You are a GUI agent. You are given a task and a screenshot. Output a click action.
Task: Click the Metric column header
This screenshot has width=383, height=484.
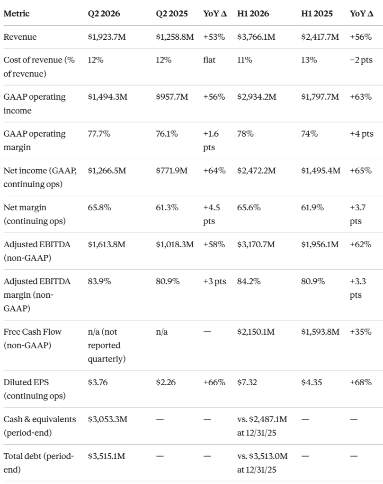click(x=17, y=14)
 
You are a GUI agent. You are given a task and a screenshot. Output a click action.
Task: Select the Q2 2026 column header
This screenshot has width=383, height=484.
click(x=104, y=14)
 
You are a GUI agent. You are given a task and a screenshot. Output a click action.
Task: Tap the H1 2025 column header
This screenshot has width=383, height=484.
click(x=317, y=14)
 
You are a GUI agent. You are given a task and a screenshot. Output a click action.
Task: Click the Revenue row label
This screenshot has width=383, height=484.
click(x=20, y=37)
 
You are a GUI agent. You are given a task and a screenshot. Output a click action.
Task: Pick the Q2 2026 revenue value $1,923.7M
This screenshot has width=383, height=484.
click(x=107, y=37)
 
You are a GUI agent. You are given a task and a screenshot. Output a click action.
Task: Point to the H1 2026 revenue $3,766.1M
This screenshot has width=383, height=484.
click(x=256, y=37)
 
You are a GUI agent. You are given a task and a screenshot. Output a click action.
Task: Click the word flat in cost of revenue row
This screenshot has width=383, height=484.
click(x=209, y=60)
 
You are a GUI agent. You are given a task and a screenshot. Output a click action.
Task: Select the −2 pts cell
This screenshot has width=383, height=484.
click(x=361, y=60)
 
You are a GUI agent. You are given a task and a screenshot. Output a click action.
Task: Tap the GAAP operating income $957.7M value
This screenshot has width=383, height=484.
click(x=172, y=96)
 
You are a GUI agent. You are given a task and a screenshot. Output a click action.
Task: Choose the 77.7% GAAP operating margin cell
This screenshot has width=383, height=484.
click(x=99, y=134)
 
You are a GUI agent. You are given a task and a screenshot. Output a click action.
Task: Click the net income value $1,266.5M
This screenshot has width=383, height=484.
click(x=107, y=170)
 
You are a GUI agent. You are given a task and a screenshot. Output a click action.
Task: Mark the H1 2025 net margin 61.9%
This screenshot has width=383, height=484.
click(x=312, y=207)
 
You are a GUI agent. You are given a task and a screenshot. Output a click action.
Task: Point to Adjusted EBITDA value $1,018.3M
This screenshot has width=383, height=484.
click(x=175, y=244)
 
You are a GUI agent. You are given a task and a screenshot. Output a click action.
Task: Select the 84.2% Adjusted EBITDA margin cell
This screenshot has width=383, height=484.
click(x=249, y=281)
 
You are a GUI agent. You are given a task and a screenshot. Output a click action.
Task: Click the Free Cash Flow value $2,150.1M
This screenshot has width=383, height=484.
click(x=256, y=331)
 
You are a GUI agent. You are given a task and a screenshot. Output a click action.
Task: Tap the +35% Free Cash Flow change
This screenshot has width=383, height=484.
click(x=360, y=331)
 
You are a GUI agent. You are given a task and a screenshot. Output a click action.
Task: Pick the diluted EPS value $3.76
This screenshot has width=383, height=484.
click(x=98, y=382)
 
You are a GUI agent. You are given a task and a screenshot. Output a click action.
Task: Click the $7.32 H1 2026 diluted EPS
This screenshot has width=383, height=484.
click(x=247, y=382)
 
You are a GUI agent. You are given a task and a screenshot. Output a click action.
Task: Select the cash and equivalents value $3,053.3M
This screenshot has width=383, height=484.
click(x=107, y=419)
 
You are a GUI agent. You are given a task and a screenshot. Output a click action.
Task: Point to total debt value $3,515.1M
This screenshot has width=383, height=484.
click(x=107, y=456)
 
